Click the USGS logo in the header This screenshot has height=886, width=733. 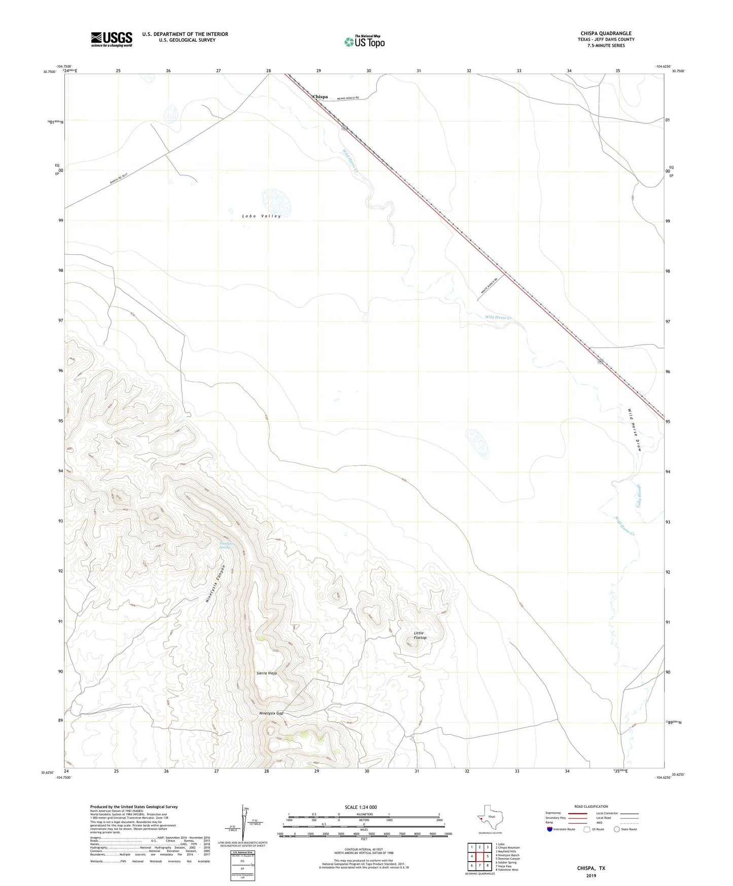(112, 39)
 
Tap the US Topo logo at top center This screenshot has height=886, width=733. (364, 42)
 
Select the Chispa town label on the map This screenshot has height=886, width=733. (320, 96)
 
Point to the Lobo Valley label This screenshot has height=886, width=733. (261, 216)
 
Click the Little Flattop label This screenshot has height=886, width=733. (420, 635)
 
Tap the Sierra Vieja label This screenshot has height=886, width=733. (267, 673)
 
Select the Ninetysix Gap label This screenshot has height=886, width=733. (271, 713)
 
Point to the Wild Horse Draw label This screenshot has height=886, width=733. (635, 430)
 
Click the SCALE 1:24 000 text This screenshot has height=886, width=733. (361, 807)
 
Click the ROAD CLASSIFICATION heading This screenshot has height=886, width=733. (591, 806)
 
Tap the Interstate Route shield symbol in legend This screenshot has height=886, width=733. (550, 829)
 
